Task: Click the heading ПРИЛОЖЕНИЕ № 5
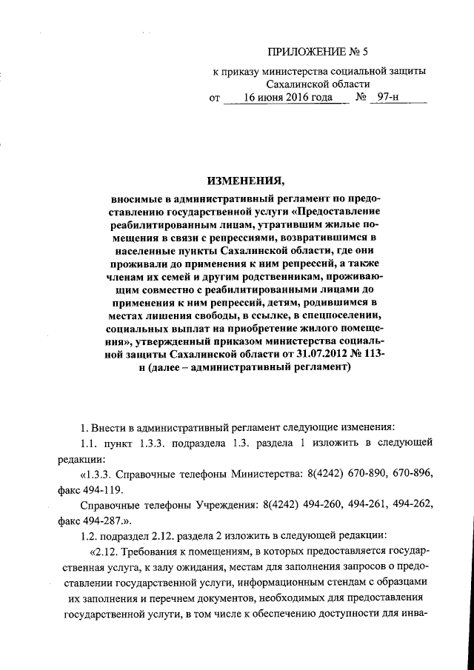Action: (310, 53)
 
